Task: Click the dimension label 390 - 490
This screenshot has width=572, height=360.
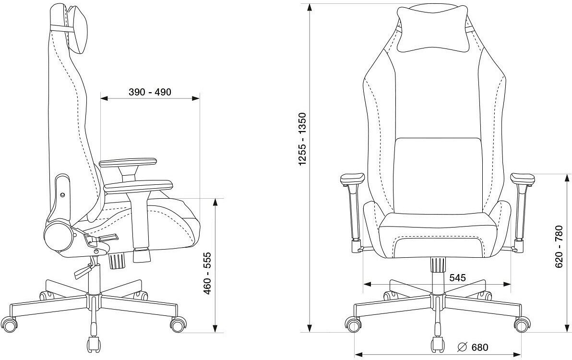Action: tap(150, 92)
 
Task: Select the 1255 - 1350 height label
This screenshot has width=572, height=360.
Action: tap(302, 139)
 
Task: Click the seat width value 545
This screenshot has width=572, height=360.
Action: tap(458, 277)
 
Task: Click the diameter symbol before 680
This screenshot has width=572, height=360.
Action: tap(463, 347)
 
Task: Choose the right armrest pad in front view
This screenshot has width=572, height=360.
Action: tap(522, 179)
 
